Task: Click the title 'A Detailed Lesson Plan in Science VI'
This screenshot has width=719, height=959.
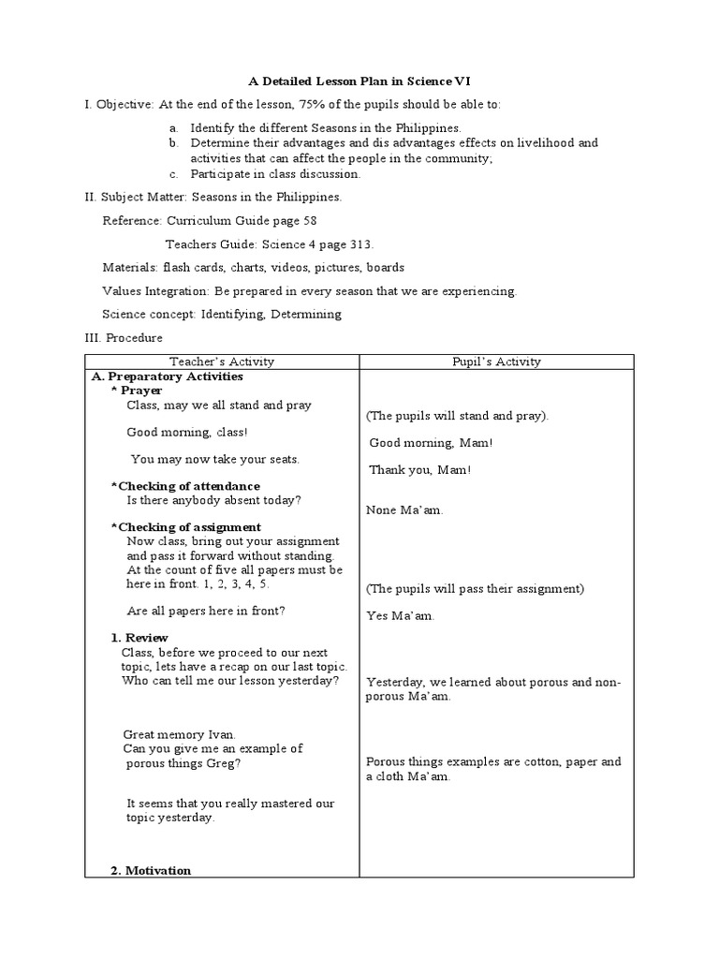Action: point(359,81)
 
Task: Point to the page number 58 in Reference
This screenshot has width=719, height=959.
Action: point(309,221)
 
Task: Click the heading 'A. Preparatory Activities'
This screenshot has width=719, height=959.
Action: point(167,376)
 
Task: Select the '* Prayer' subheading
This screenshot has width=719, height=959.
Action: point(137,391)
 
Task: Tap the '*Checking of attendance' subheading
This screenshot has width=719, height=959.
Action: point(185,486)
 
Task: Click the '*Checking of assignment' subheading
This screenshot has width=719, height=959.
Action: point(186,527)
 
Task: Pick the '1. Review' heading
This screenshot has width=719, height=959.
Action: point(139,638)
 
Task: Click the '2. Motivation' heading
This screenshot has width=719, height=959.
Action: point(151,870)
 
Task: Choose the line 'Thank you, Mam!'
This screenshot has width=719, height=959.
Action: point(419,470)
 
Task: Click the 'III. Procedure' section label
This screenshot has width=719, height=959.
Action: point(124,337)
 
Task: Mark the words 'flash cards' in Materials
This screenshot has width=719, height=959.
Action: point(194,268)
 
